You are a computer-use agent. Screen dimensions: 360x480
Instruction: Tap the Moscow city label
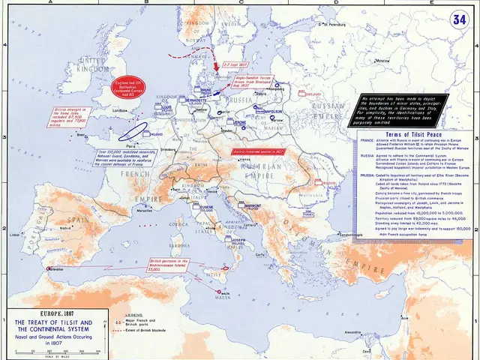click(384, 59)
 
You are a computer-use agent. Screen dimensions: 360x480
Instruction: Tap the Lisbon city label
click(13, 235)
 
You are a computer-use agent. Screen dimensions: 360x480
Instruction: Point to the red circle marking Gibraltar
click(50, 268)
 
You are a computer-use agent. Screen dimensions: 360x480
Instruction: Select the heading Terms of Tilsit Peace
click(407, 131)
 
